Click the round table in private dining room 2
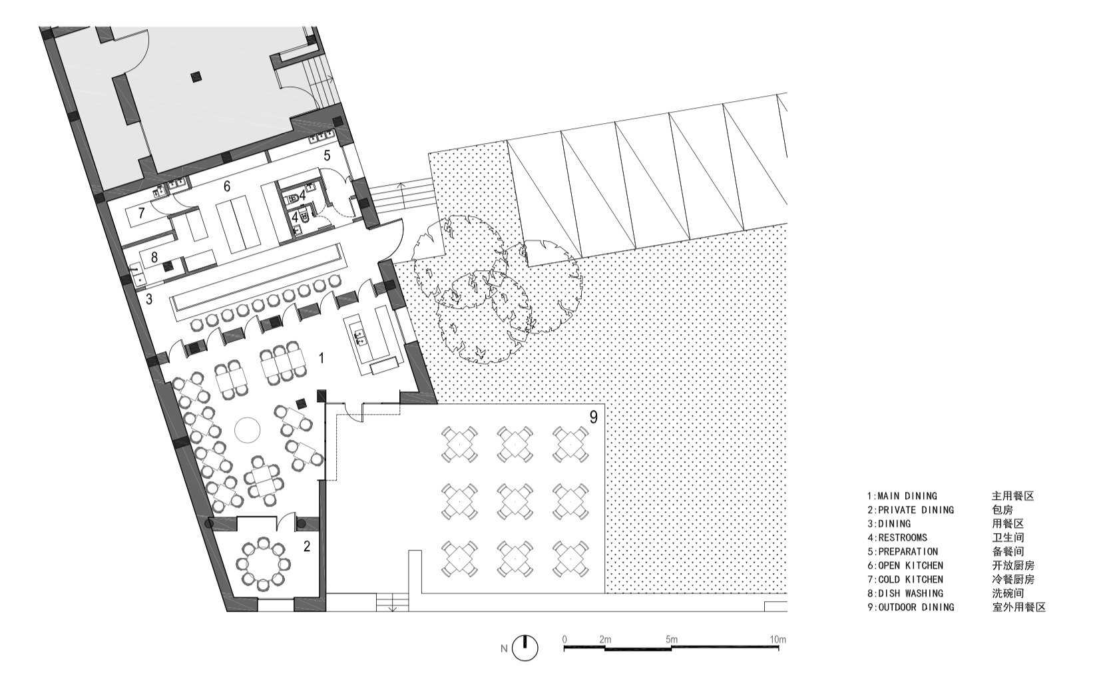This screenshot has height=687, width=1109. pos(263,564)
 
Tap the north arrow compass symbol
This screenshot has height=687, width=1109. pos(525,648)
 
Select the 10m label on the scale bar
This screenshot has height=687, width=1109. pos(777,639)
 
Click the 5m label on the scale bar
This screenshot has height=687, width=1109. pos(672,639)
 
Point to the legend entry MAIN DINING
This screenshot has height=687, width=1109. pos(902,496)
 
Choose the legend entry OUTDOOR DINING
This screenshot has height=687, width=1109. pos(911,607)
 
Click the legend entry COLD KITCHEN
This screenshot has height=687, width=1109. pos(905,579)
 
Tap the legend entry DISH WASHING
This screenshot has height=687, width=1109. pos(905,593)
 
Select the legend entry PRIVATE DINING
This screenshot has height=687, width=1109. pos(911,510)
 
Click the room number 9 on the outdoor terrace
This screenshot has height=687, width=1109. pos(594,417)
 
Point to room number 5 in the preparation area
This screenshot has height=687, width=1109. pos(327,155)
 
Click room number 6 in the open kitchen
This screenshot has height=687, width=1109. pos(227,186)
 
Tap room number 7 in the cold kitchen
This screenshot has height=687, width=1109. pos(142,213)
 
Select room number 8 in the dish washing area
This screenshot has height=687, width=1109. pos(154,258)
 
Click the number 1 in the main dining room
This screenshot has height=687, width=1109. pos(322,358)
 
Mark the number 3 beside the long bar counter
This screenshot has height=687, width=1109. pos(148,299)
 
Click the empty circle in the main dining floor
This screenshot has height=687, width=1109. pos(247,429)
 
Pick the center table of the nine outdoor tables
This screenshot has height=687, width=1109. pos(515,501)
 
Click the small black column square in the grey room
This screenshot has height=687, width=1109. pos(196,76)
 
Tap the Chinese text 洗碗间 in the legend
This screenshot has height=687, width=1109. pos(1008,593)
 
